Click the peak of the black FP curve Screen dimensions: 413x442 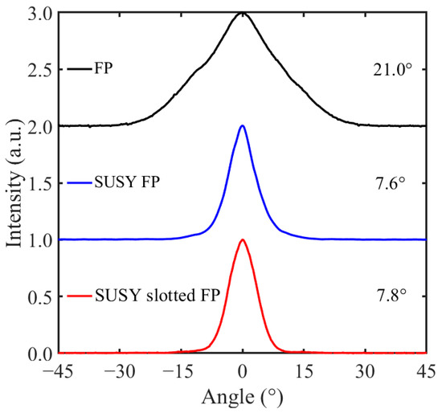[242, 14]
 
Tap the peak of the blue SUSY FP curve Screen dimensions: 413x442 [242, 126]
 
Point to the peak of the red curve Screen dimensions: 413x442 [242, 239]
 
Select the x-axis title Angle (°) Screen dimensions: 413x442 [242, 397]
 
